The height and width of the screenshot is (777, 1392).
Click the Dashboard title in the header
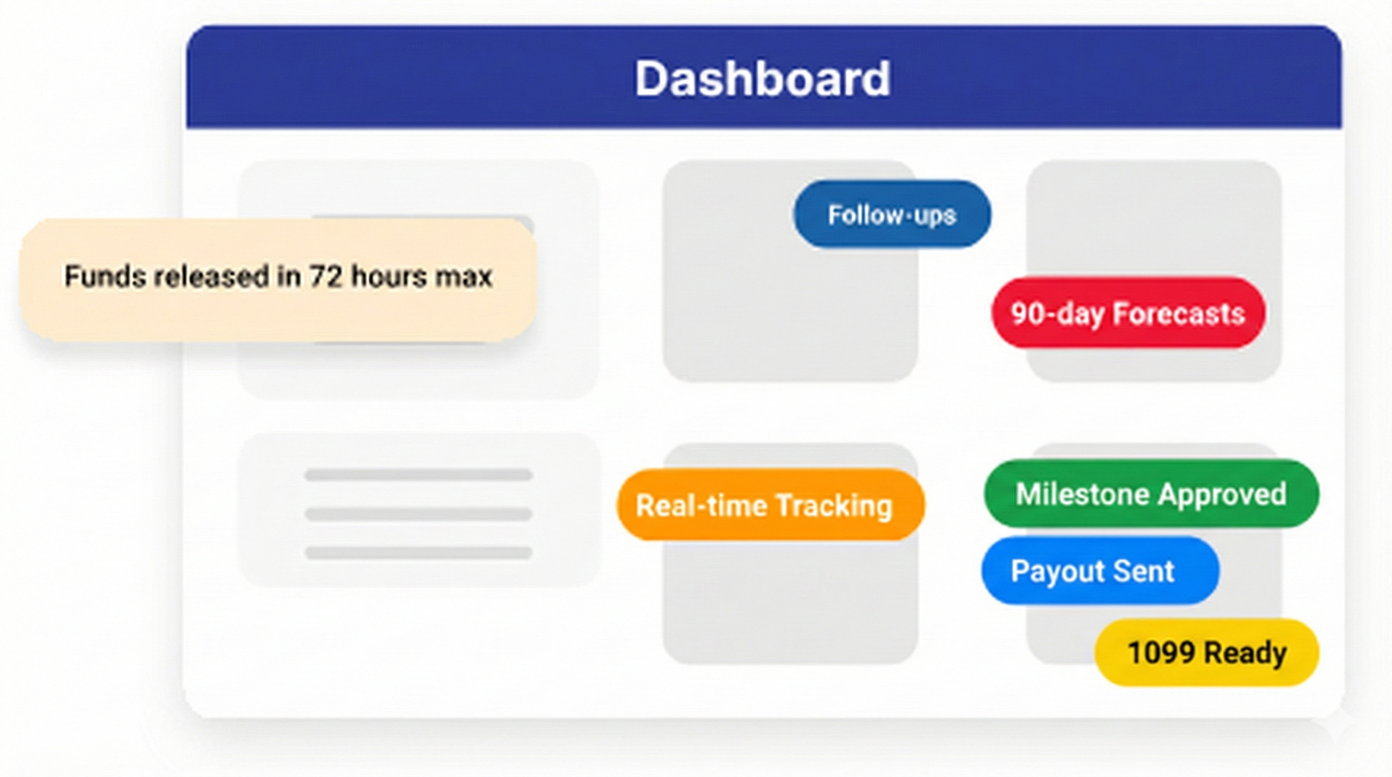tap(762, 78)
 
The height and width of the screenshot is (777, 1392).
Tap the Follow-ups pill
tap(892, 214)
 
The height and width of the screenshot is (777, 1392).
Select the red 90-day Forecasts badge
tap(1128, 313)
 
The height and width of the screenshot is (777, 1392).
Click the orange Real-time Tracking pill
tap(770, 505)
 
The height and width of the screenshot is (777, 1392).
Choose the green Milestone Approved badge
tap(1151, 493)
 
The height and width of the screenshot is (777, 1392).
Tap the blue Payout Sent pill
tap(1100, 571)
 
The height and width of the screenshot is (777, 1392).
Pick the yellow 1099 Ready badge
tap(1207, 652)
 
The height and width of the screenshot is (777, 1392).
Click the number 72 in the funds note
tap(326, 276)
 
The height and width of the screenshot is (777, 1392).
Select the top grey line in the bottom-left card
tap(418, 475)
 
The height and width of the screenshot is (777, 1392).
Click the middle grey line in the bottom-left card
tap(418, 514)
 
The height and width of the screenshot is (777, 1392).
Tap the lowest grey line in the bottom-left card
tap(418, 553)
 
